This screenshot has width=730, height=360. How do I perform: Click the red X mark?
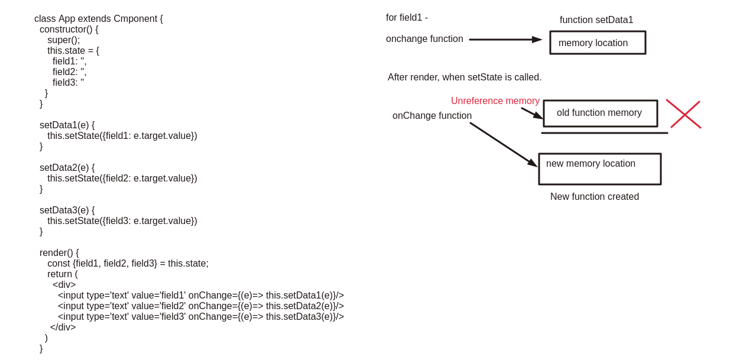(684, 114)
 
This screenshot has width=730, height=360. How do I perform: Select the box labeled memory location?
(598, 43)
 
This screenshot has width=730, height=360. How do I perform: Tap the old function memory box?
(600, 113)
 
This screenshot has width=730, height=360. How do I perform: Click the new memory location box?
(599, 169)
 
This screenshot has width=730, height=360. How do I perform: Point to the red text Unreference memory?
(495, 101)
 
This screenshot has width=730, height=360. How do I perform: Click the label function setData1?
(596, 20)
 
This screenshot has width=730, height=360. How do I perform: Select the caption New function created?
(594, 197)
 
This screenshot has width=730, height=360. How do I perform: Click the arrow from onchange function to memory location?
(505, 40)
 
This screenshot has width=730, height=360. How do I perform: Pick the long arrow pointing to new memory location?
(503, 144)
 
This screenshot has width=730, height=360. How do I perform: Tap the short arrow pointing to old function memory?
(531, 113)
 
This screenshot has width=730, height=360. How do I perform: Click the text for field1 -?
(407, 18)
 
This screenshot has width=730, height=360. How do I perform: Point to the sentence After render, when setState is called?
(464, 77)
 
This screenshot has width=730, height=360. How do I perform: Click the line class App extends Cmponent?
(99, 19)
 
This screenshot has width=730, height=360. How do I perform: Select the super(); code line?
(63, 40)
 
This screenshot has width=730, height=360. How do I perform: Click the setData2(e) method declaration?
(67, 168)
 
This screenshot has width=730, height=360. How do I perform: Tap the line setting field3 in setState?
(122, 221)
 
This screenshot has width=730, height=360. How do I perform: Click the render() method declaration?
(59, 253)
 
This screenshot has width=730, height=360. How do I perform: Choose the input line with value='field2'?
(200, 306)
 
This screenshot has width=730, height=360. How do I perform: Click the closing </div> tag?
(63, 327)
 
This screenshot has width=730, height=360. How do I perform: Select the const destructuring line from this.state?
(128, 264)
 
